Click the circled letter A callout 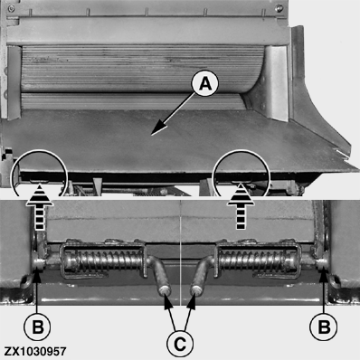click(205, 83)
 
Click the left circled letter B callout click(37, 327)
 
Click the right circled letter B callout click(324, 327)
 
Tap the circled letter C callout click(180, 344)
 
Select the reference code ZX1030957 click(35, 352)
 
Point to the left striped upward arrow click(39, 208)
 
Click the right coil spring click(257, 260)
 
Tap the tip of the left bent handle click(165, 291)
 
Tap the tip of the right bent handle click(196, 291)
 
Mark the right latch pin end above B click(322, 263)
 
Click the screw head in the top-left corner click(12, 8)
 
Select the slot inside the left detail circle click(40, 181)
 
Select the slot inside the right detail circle click(241, 182)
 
